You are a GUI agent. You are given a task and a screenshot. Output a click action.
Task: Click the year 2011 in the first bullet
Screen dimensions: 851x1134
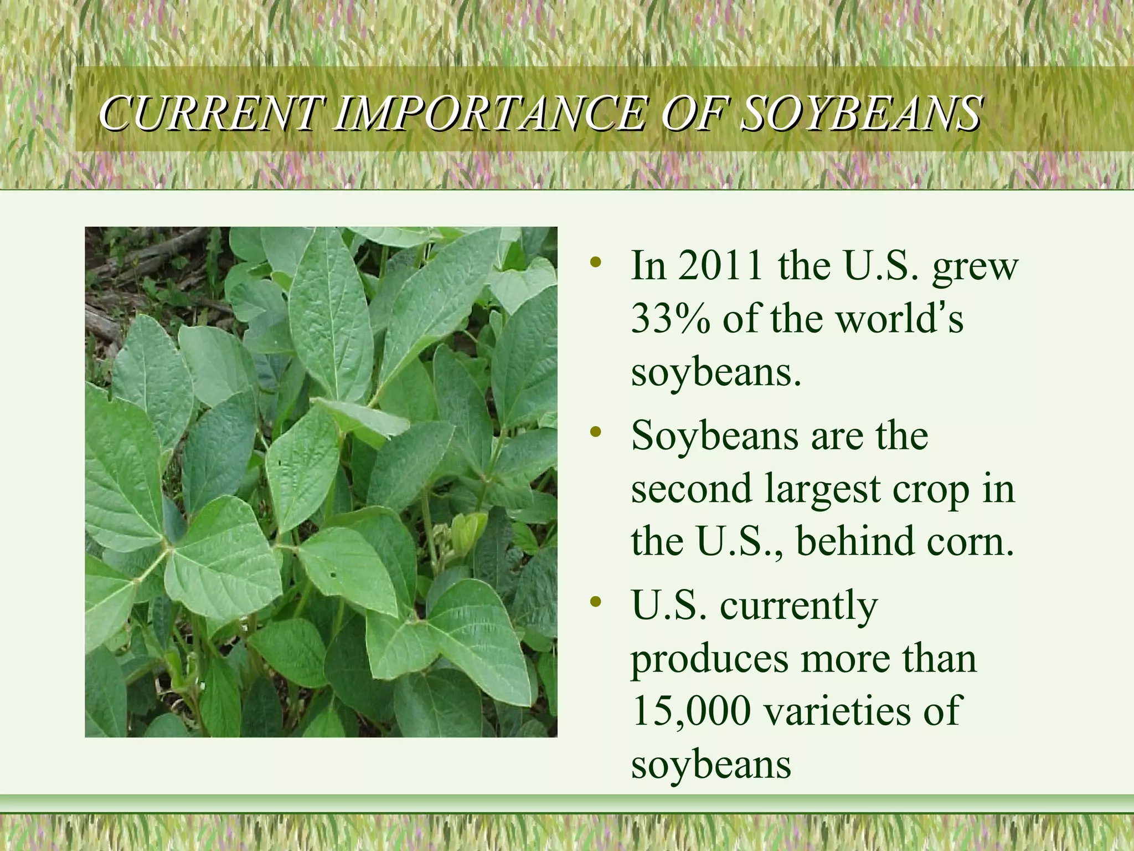(720, 266)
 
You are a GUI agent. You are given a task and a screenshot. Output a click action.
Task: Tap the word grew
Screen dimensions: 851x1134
(975, 267)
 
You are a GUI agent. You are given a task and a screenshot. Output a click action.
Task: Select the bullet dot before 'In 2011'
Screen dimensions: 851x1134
(595, 262)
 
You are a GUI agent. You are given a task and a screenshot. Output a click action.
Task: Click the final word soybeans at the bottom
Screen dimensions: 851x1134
(711, 765)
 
